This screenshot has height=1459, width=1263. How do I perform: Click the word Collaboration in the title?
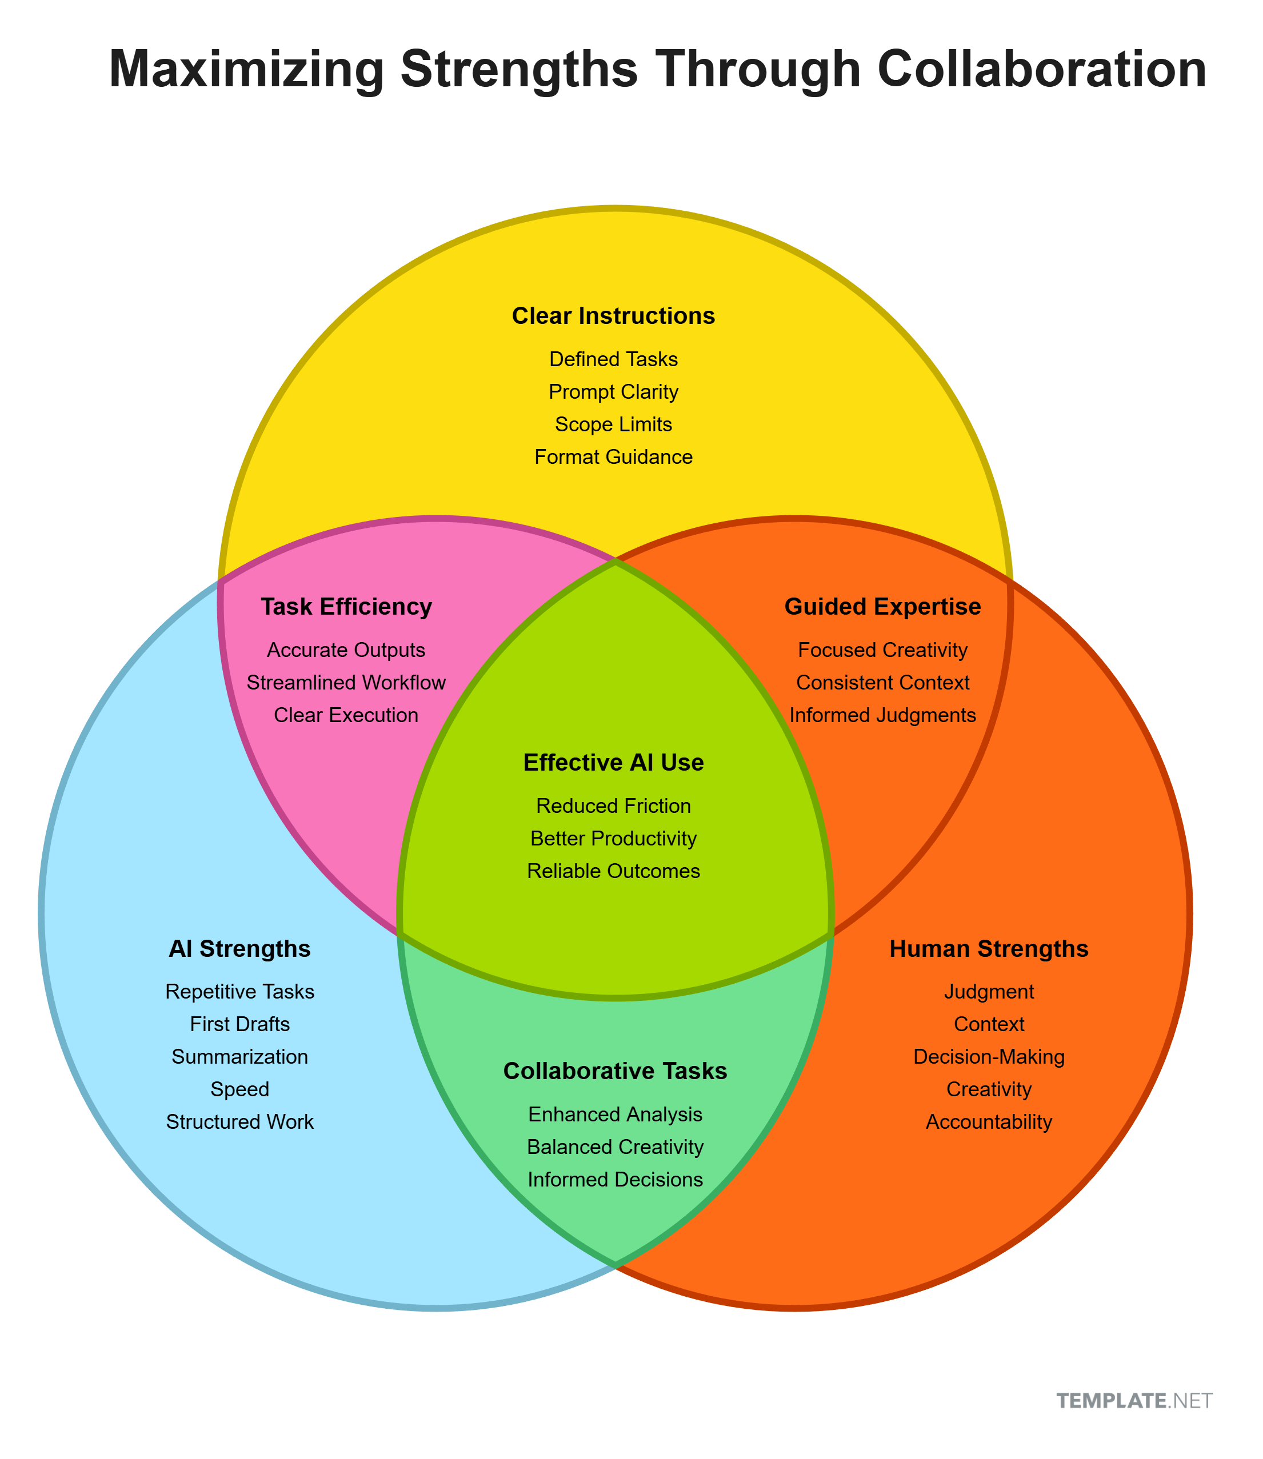(x=1042, y=70)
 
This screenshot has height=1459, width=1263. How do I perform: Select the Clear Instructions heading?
(x=613, y=315)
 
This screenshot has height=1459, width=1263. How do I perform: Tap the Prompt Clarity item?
(x=613, y=392)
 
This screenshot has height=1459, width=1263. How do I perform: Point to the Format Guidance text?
(x=613, y=457)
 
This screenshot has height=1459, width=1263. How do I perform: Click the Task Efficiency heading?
(x=346, y=607)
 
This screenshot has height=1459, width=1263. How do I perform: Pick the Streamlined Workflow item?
(x=346, y=683)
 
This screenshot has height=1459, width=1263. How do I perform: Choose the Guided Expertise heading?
(x=882, y=607)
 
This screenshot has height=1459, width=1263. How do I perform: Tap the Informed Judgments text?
(x=882, y=715)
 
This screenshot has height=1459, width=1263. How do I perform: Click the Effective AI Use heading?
(x=613, y=762)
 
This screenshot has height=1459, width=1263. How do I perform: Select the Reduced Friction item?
(x=613, y=806)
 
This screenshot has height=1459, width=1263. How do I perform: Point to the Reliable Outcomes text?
(x=613, y=871)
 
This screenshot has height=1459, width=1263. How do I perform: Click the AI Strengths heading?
(x=239, y=949)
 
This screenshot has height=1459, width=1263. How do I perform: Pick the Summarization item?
(x=239, y=1057)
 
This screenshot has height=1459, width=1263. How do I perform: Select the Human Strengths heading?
(x=989, y=949)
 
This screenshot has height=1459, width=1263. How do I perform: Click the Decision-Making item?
(x=989, y=1057)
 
